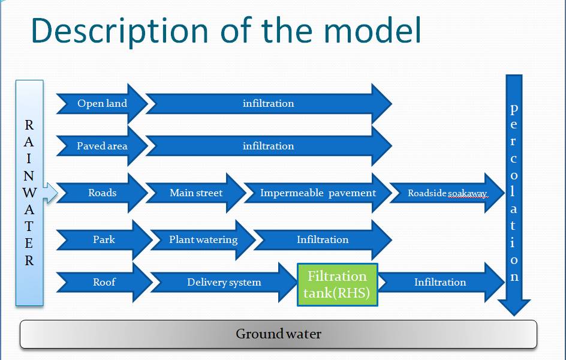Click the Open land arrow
point(102,104)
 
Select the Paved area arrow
point(102,146)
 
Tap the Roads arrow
point(102,193)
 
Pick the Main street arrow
point(196,193)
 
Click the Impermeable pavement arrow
point(318,193)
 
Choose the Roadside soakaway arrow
point(447,193)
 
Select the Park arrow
point(104,239)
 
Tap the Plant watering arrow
point(203,239)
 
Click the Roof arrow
point(104,282)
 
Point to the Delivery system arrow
point(224,282)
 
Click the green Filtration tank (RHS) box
point(337,284)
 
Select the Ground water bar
point(278,334)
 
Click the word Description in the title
point(120,31)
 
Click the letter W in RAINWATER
point(29,193)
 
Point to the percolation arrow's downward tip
point(514,315)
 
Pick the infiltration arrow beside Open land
point(269,104)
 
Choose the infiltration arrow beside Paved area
point(269,146)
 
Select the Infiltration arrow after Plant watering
point(323,239)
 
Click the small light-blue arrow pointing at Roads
point(50,193)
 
